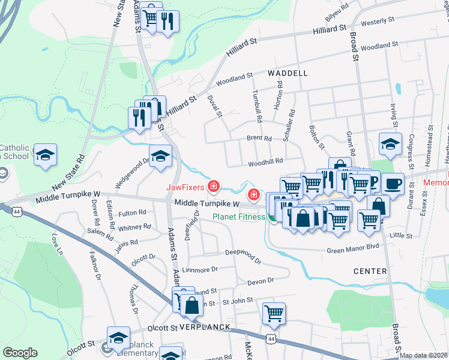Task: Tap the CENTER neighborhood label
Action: tap(370, 271)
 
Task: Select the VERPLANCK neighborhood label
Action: tap(205, 327)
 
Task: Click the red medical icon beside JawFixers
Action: tap(212, 187)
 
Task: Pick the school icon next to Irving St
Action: tap(390, 144)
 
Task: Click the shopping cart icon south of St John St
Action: tap(274, 313)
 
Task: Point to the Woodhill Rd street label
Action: tap(265, 161)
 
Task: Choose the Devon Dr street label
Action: tap(260, 280)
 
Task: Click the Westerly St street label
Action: tap(378, 20)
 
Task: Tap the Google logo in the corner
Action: tap(20, 353)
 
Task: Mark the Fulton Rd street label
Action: tap(133, 212)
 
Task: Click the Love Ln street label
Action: tap(58, 245)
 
